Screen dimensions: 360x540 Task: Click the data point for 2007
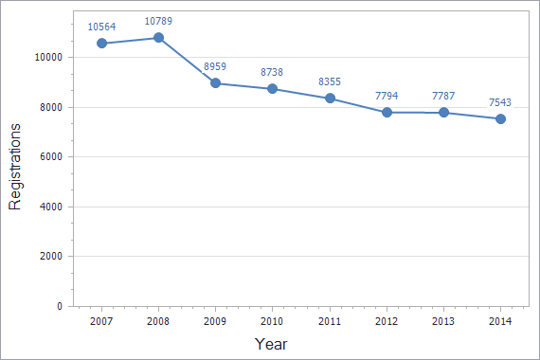point(101,44)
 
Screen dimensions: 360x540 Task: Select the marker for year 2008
point(158,38)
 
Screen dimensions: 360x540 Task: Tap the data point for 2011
point(330,99)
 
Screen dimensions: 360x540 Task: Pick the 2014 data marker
point(500,118)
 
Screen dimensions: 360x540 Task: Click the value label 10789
point(158,21)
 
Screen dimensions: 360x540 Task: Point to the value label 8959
point(215,66)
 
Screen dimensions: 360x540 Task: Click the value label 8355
point(330,81)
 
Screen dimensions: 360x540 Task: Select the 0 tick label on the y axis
point(59,307)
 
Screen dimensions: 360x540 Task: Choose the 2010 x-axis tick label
point(272,322)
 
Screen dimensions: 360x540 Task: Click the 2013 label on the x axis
point(443,322)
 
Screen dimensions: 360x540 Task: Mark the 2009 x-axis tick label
point(215,322)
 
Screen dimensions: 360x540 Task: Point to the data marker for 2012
point(387,113)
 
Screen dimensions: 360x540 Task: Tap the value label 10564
point(101,27)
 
